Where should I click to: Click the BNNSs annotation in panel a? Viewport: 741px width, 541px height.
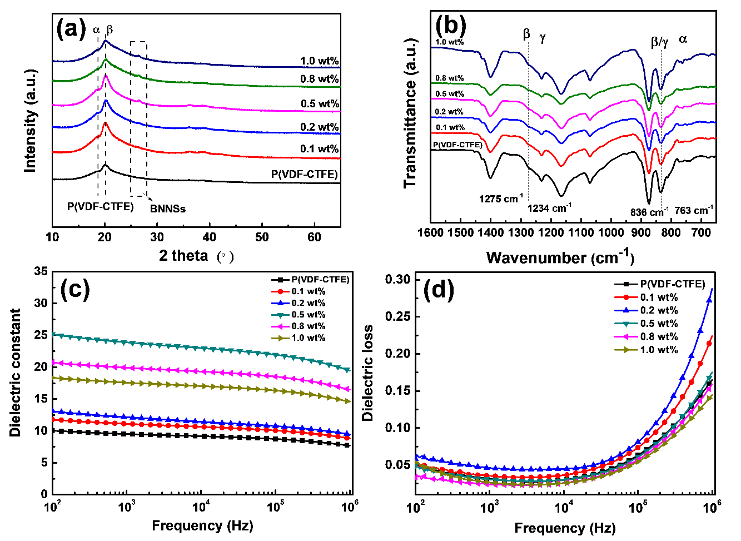click(168, 209)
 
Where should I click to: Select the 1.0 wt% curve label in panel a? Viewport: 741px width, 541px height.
click(320, 61)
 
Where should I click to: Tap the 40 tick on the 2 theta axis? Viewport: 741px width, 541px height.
click(210, 237)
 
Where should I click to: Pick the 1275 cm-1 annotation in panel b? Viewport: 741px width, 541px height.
click(501, 198)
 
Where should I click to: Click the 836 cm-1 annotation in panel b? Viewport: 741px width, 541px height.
click(649, 212)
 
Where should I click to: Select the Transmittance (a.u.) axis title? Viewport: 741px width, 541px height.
click(410, 113)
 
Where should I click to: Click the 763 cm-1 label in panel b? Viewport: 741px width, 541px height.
click(694, 210)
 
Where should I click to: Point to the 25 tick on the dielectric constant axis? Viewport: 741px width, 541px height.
click(41, 335)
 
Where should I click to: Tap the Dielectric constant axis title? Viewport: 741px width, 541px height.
click(15, 373)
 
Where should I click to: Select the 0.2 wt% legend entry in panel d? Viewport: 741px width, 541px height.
click(659, 310)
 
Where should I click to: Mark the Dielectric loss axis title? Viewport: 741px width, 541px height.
click(367, 373)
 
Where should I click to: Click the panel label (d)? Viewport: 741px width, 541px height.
click(439, 290)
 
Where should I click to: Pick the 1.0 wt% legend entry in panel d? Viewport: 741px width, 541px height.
click(659, 350)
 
